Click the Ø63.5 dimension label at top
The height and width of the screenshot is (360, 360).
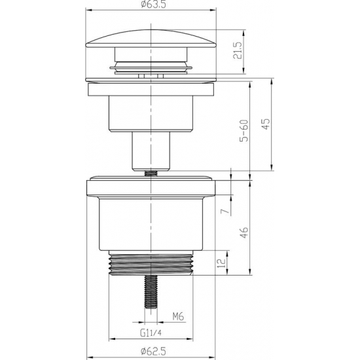[x=151, y=7]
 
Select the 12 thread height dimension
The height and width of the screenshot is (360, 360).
[x=223, y=263]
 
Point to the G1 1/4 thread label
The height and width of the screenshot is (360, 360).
[x=151, y=332]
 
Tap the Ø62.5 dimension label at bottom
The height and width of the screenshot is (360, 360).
[x=151, y=350]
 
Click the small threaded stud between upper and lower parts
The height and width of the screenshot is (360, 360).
[x=151, y=172]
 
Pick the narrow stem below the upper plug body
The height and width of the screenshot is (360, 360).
[x=151, y=149]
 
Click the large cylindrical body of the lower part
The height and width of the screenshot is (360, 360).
[x=151, y=226]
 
